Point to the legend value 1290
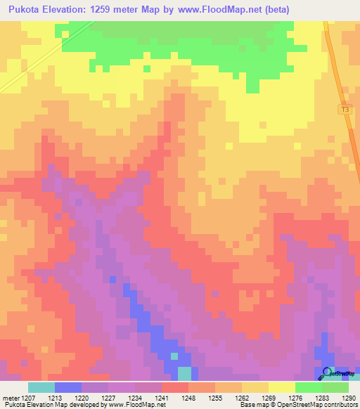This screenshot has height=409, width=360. (x=347, y=397)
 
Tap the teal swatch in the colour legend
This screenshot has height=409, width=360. (x=41, y=387)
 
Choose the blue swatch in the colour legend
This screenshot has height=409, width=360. (x=68, y=387)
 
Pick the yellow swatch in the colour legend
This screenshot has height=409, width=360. (x=282, y=387)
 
